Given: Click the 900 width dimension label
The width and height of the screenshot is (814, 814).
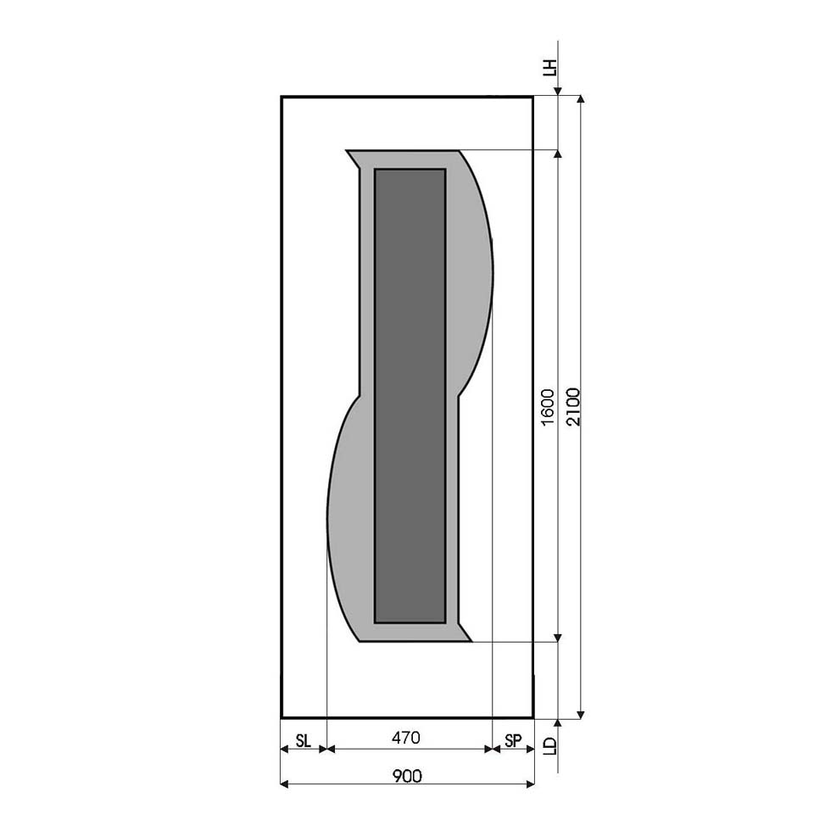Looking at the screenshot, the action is [406, 776].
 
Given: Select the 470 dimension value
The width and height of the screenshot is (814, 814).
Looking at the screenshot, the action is [405, 738].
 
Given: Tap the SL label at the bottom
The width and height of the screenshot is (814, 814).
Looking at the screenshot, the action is [304, 741].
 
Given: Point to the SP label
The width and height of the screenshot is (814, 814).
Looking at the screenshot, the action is [513, 741].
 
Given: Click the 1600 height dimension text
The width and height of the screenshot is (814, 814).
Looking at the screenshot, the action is [548, 408].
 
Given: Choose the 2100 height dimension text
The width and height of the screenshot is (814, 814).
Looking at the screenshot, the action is [573, 406].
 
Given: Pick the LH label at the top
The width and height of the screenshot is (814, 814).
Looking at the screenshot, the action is [549, 68].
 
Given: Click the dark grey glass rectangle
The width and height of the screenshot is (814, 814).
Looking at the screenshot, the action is [410, 396].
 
